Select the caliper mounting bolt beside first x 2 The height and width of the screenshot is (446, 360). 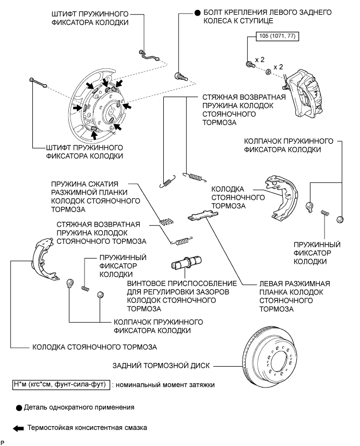click(x=249, y=64)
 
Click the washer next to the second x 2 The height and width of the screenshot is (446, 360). click(x=268, y=71)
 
